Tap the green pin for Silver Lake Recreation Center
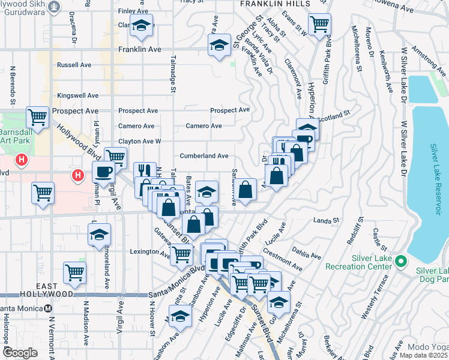click(x=403, y=262)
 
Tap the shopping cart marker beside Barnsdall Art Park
click(x=37, y=117)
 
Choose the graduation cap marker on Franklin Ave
click(x=219, y=44)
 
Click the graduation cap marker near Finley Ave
click(x=142, y=26)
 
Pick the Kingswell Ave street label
click(x=77, y=95)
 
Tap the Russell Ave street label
click(x=74, y=64)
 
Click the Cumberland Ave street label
click(x=204, y=155)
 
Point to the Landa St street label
click(x=327, y=221)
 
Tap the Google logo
click(x=20, y=353)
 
